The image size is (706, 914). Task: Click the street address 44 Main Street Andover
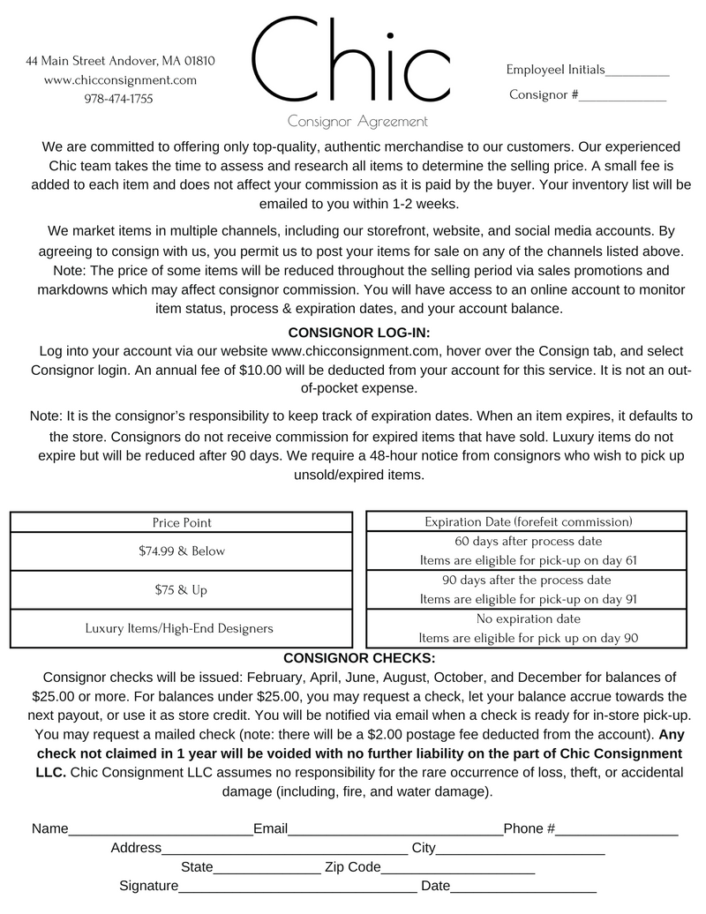click(120, 61)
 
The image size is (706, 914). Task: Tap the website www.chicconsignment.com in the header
click(120, 79)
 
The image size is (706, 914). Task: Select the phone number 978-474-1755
click(118, 99)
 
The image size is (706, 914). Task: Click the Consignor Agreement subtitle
click(357, 122)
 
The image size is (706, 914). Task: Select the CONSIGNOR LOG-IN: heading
click(359, 333)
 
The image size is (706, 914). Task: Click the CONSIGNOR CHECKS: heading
click(359, 658)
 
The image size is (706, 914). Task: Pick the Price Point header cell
click(182, 522)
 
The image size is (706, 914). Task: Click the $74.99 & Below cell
click(182, 551)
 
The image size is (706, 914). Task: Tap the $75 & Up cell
click(182, 589)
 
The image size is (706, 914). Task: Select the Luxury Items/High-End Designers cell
click(179, 628)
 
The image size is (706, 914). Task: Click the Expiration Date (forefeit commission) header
click(528, 521)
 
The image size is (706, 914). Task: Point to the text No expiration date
click(528, 618)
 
